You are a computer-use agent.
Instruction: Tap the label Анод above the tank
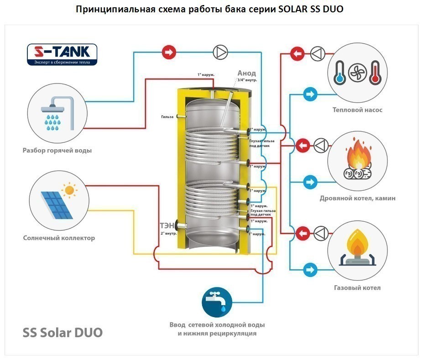pyautogui.click(x=246, y=73)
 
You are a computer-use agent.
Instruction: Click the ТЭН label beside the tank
pyautogui.click(x=167, y=225)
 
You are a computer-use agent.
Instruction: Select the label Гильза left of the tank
pyautogui.click(x=167, y=117)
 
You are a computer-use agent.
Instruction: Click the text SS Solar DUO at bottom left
pyautogui.click(x=63, y=332)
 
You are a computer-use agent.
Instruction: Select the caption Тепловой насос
pyautogui.click(x=357, y=110)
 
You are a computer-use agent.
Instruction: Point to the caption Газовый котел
pyautogui.click(x=357, y=288)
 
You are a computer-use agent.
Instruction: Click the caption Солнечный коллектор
pyautogui.click(x=59, y=238)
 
